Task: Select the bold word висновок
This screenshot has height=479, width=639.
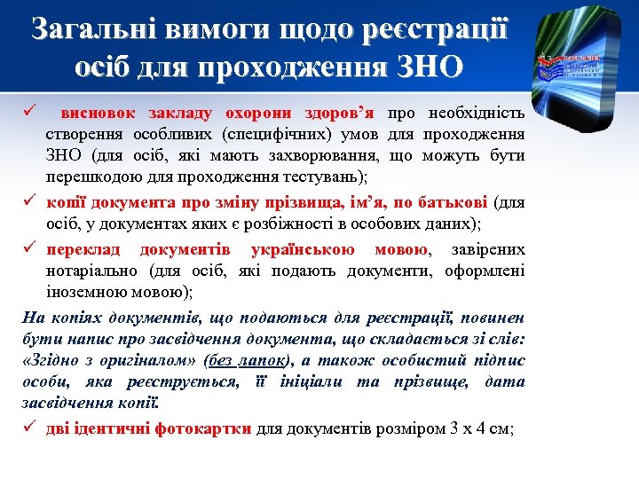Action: [98, 114]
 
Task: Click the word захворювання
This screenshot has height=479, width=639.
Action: [334, 156]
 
